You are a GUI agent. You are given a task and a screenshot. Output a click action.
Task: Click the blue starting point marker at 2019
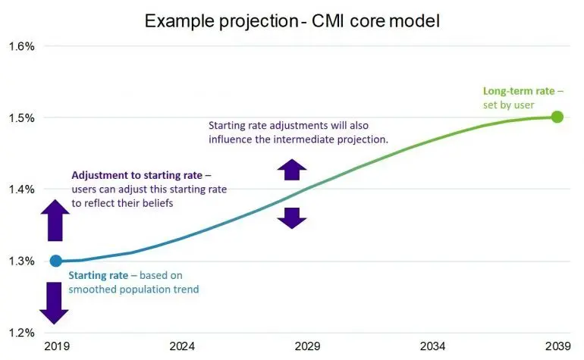56,261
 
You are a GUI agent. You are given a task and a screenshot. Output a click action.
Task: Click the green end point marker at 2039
557,117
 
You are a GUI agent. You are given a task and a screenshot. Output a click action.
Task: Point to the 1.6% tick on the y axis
21,46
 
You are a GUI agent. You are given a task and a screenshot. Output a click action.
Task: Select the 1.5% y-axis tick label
21,118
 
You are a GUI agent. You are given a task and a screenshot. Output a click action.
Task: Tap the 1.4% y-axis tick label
21,189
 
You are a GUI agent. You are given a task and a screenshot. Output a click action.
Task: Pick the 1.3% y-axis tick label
21,261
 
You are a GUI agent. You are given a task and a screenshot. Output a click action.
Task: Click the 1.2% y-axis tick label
21,333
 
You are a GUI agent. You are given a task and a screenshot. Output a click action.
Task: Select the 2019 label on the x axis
57,346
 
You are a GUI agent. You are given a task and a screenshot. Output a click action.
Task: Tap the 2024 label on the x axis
182,346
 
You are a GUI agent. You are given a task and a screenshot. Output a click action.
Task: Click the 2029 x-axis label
307,346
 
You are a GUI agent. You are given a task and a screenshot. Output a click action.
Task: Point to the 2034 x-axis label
432,346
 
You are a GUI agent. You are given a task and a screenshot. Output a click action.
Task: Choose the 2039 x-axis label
558,346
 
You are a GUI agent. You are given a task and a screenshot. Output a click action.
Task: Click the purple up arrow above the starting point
55,220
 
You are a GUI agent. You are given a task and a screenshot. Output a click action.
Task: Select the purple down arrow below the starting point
55,303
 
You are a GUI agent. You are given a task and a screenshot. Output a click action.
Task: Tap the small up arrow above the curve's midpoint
292,170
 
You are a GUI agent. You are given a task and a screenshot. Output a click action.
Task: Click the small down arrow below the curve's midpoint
292,218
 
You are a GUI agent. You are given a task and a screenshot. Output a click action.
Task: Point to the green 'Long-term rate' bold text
519,91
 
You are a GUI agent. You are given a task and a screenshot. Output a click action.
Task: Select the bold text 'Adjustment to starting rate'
137,175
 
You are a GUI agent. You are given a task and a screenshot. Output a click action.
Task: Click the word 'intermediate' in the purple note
303,139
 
